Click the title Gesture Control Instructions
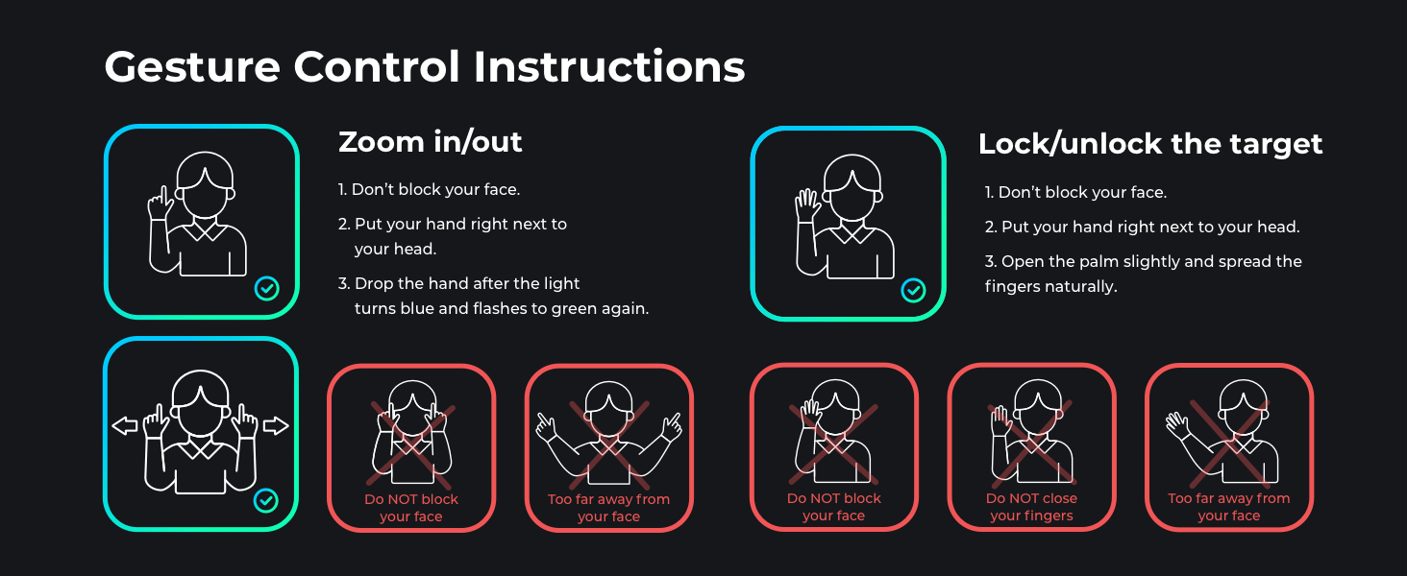pyautogui.click(x=425, y=67)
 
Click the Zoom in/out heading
pyautogui.click(x=431, y=142)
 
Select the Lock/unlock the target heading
pyautogui.click(x=1150, y=144)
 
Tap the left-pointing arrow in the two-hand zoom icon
pyautogui.click(x=124, y=426)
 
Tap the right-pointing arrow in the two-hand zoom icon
pyautogui.click(x=276, y=426)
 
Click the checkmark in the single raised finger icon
pyautogui.click(x=267, y=289)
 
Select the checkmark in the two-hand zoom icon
pyautogui.click(x=265, y=501)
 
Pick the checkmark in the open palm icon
pyautogui.click(x=913, y=291)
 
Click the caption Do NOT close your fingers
pyautogui.click(x=1031, y=507)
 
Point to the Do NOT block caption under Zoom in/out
pyautogui.click(x=411, y=508)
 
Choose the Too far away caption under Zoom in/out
pyautogui.click(x=608, y=508)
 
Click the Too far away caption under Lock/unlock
pyautogui.click(x=1228, y=507)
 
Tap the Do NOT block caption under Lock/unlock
pyautogui.click(x=833, y=507)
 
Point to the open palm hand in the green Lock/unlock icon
pyautogui.click(x=807, y=205)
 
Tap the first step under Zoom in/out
pyautogui.click(x=429, y=189)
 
